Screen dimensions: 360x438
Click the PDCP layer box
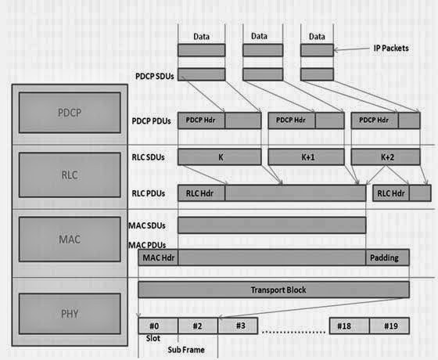click(70, 111)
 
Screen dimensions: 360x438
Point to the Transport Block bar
click(273, 290)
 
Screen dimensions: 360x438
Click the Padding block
click(387, 257)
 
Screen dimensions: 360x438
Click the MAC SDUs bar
click(271, 225)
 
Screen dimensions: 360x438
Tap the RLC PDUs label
click(149, 193)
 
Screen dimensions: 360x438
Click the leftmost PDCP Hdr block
click(203, 121)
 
